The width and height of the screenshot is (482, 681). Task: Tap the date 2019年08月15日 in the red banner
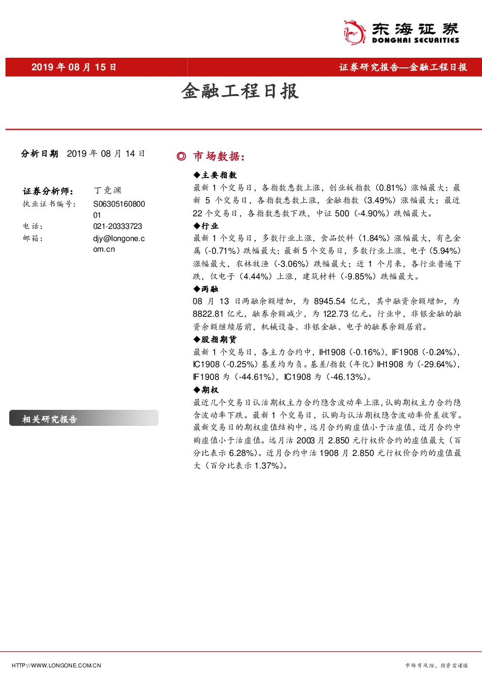tap(74, 67)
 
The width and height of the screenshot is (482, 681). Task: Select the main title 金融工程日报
tap(240, 91)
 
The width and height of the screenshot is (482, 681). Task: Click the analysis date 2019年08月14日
tap(106, 154)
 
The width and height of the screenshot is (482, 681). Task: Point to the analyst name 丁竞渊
tap(107, 191)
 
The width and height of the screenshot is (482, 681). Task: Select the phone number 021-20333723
tap(117, 227)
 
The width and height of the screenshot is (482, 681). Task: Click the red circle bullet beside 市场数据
tap(182, 157)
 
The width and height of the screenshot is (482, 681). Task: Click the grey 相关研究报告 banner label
tap(50, 419)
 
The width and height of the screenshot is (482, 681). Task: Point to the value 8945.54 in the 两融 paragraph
tap(330, 301)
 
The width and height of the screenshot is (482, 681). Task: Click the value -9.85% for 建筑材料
tap(359, 276)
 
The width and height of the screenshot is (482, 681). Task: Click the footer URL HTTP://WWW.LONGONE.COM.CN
tap(56, 665)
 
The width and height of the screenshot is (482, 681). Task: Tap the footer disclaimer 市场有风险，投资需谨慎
tap(436, 665)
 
